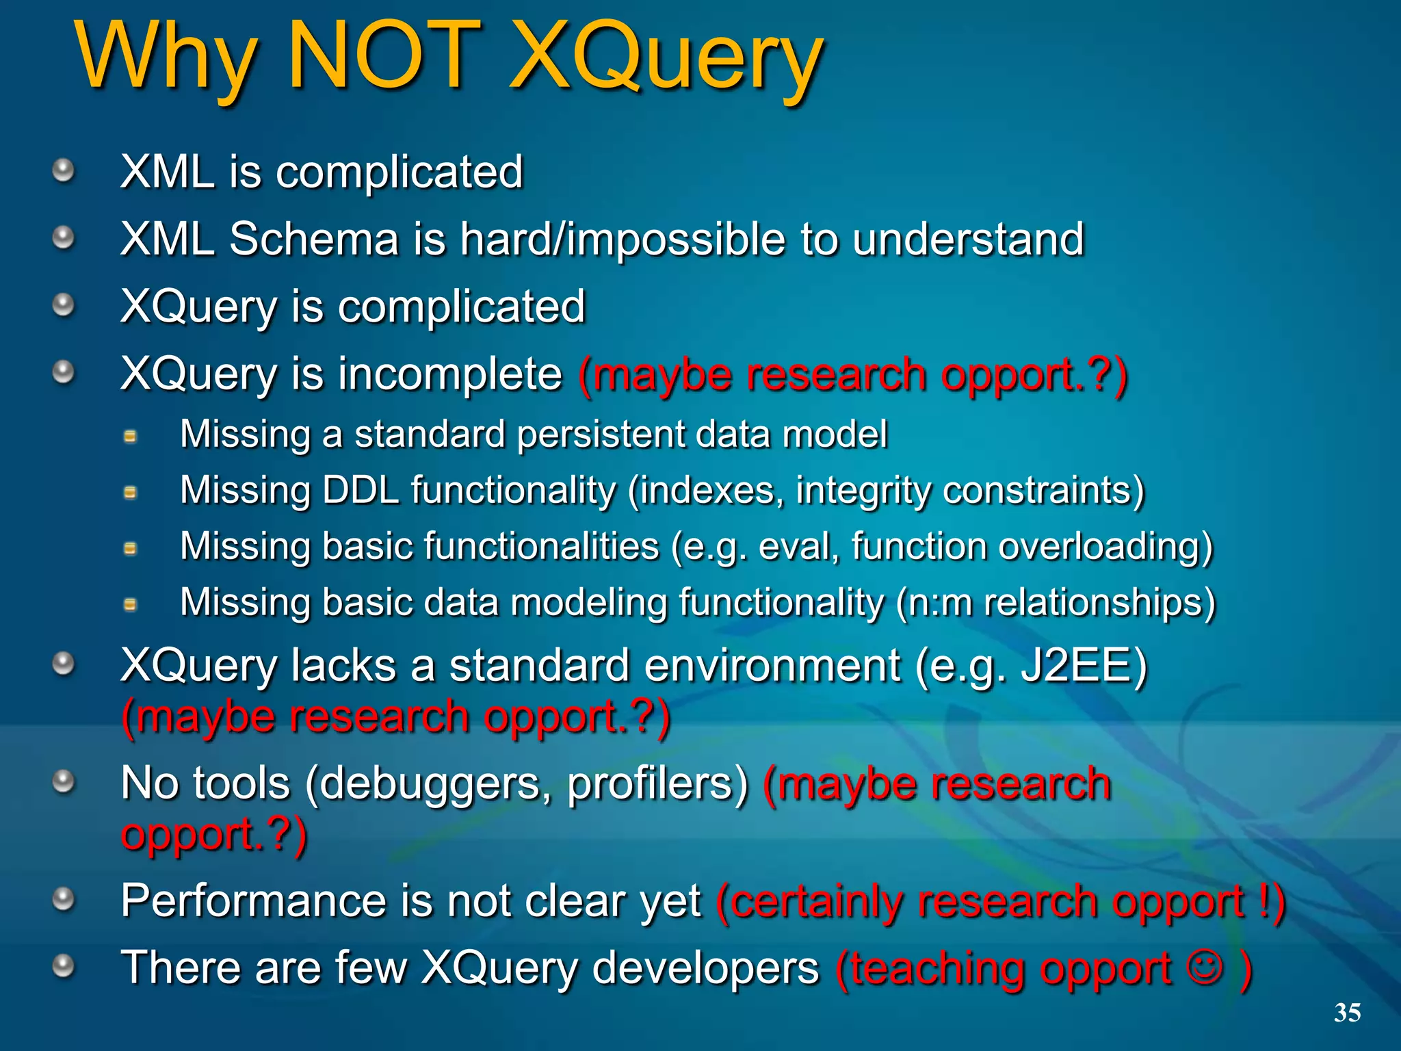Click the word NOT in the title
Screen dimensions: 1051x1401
(x=384, y=56)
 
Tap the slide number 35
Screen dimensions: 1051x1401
(x=1347, y=1012)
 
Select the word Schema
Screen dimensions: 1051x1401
(x=313, y=239)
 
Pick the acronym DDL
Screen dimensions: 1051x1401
(x=361, y=490)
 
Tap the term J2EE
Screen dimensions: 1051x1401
(x=1083, y=665)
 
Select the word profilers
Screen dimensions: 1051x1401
(x=658, y=783)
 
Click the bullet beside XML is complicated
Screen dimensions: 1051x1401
(x=64, y=170)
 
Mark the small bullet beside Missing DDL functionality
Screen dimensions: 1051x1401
(x=130, y=492)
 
